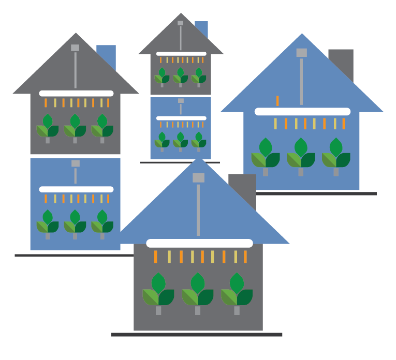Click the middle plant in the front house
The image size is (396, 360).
click(197, 292)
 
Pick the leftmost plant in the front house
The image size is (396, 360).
click(158, 292)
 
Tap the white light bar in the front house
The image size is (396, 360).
click(199, 243)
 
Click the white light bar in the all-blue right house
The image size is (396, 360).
click(302, 111)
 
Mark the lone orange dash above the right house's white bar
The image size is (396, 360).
click(277, 101)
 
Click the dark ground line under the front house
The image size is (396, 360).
click(197, 335)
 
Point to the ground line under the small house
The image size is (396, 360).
click(180, 162)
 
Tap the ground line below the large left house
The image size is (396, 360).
click(72, 256)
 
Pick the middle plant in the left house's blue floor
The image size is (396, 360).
click(75, 222)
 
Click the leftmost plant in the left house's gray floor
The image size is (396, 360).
click(48, 127)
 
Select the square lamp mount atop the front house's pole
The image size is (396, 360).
click(198, 178)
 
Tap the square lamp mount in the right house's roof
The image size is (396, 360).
click(301, 53)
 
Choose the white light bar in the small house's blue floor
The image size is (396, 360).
click(181, 118)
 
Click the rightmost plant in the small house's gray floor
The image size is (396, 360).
click(198, 76)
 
